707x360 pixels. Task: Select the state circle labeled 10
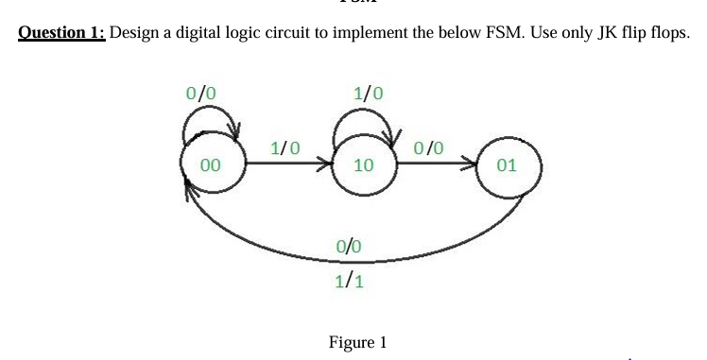[x=362, y=164]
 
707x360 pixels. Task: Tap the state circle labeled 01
[x=507, y=164]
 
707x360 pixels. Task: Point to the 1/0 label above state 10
[x=368, y=94]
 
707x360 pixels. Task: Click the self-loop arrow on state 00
[x=216, y=121]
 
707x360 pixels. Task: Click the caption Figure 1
[x=357, y=342]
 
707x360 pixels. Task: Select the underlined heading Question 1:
[x=62, y=33]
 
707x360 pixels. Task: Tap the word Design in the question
[x=137, y=33]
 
